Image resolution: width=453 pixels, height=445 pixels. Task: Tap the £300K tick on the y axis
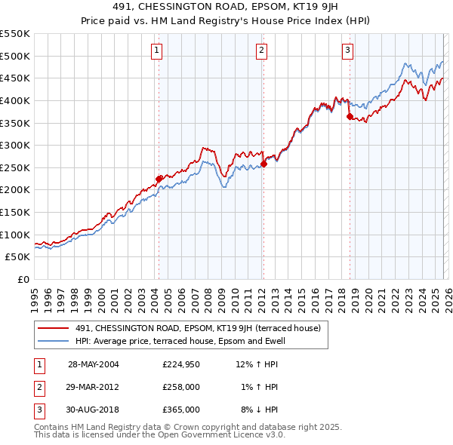pyautogui.click(x=15, y=145)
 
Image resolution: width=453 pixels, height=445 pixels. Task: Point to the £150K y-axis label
pyautogui.click(x=15, y=212)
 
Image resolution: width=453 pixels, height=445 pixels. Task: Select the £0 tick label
pyautogui.click(x=23, y=279)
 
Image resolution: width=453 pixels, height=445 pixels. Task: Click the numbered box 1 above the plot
pyautogui.click(x=156, y=51)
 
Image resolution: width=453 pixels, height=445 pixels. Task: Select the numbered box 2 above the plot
pyautogui.click(x=261, y=51)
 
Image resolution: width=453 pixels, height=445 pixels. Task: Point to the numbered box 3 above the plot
pyautogui.click(x=347, y=51)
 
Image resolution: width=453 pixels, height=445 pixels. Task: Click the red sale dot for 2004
pyautogui.click(x=159, y=179)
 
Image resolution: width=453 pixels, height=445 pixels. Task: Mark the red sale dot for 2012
pyautogui.click(x=263, y=164)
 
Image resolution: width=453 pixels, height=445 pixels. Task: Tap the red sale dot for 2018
pyautogui.click(x=350, y=116)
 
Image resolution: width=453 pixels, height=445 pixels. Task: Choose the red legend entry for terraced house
pyautogui.click(x=198, y=328)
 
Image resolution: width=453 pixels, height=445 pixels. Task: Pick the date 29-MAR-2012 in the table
pyautogui.click(x=94, y=387)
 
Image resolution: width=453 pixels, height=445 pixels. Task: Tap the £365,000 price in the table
pyautogui.click(x=181, y=410)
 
